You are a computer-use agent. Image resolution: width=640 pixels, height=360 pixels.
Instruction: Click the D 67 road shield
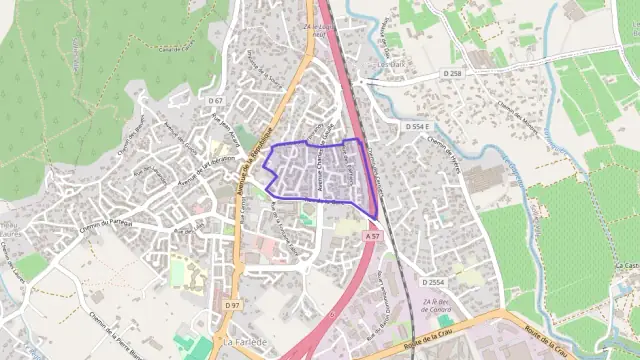pos(216,101)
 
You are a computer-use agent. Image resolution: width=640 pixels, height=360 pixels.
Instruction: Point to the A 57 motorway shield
pos(372,236)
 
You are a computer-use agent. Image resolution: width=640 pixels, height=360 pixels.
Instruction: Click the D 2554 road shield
pos(432,283)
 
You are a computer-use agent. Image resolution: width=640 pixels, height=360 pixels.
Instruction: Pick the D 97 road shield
pos(233,304)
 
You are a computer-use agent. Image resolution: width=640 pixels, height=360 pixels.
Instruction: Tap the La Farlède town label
pos(245,342)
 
